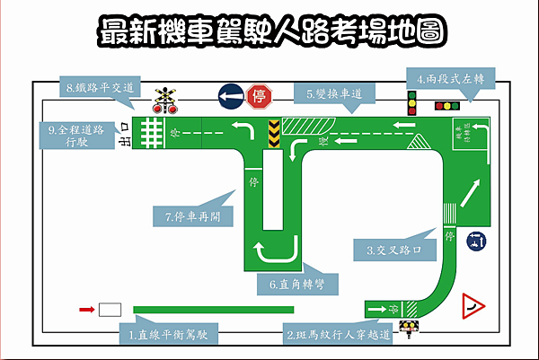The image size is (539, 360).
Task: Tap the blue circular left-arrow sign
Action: [x=230, y=95]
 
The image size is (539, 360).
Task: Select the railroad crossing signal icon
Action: [x=163, y=98]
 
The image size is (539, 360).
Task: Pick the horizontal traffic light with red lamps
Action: [x=446, y=106]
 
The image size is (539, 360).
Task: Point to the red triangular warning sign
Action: [x=473, y=308]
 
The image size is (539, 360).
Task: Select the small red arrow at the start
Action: [x=86, y=310]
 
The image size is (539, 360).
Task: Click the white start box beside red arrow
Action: [x=110, y=310]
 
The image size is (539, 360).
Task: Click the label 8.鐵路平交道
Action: [x=100, y=87]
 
